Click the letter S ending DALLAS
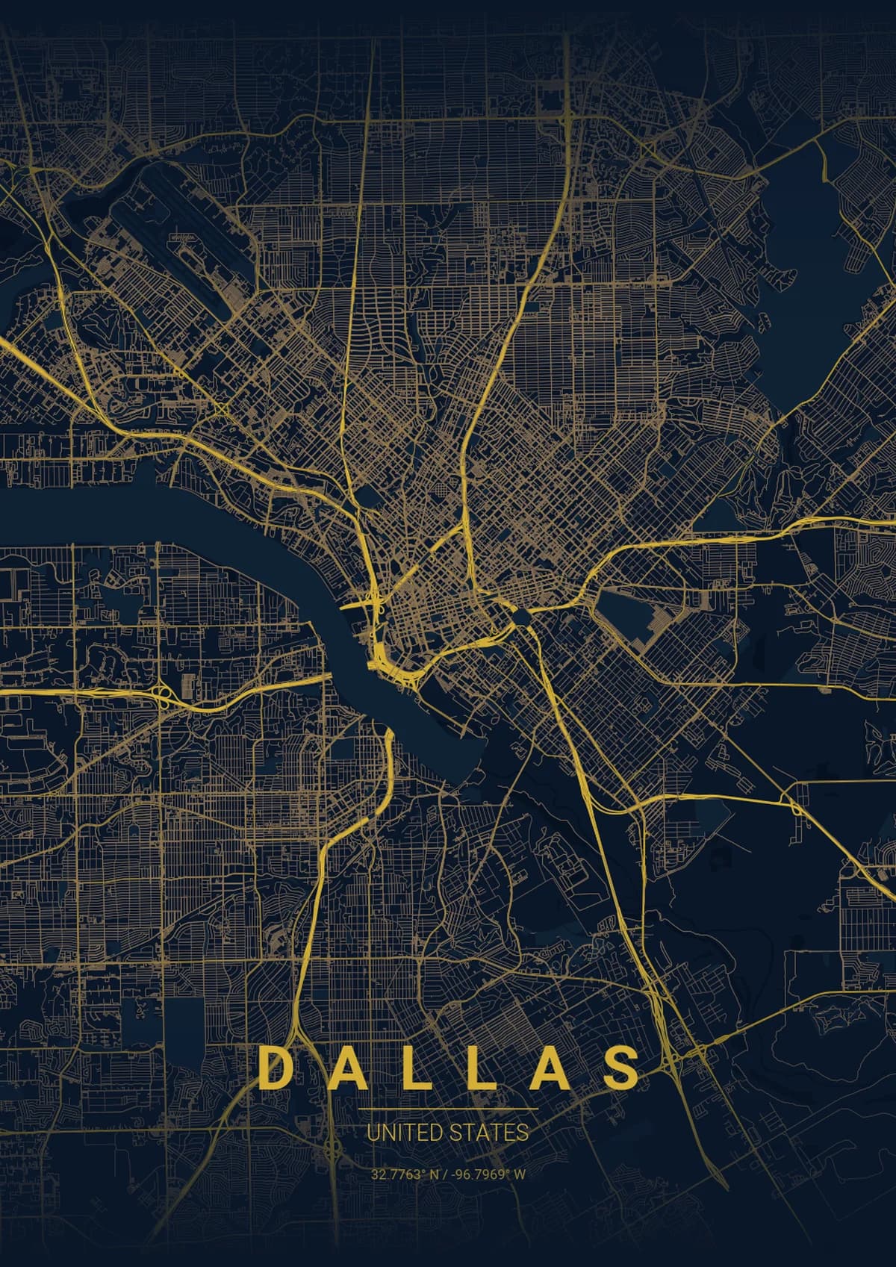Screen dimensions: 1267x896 621,1069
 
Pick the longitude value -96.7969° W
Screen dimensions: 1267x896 489,1174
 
